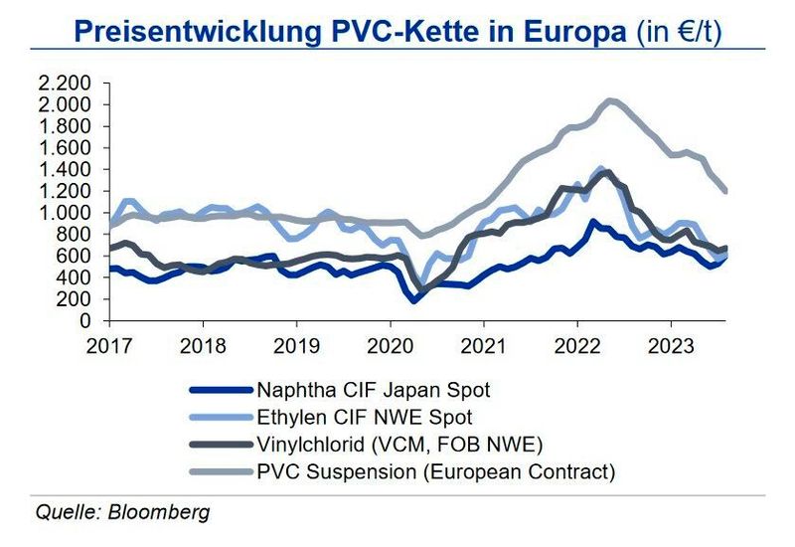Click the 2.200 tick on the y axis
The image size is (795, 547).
coord(65,83)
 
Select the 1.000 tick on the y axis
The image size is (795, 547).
coord(65,213)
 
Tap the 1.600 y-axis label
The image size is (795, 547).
coord(65,148)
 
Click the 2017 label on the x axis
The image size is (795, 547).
coord(109,343)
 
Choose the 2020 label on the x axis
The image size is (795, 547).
coord(390,343)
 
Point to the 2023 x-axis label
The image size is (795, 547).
coord(671,343)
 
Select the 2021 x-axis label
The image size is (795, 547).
coord(483,343)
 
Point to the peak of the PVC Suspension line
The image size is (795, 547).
coord(610,99)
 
